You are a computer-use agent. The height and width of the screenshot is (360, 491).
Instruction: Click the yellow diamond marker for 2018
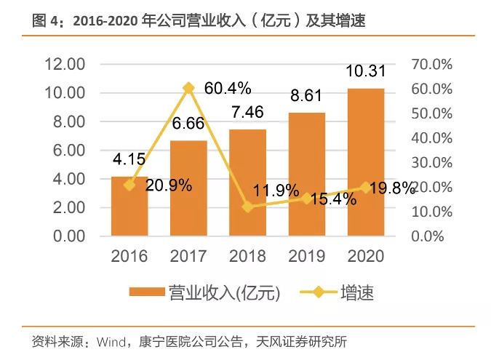[248, 207]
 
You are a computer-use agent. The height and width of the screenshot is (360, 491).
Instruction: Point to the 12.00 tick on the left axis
[65, 65]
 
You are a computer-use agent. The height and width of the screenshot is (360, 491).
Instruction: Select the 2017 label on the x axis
[189, 256]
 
